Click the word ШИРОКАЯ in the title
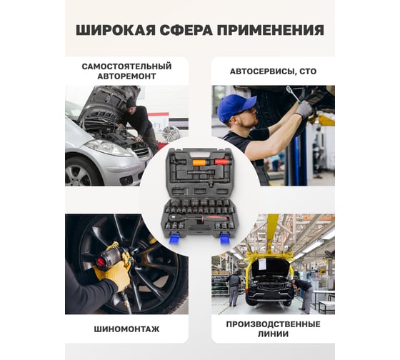tap(116, 31)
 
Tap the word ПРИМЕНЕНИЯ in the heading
tap(271, 31)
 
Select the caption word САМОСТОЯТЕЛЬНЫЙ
tap(126, 66)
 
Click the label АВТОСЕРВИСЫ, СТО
tap(273, 71)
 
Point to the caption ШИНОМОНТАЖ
tap(127, 329)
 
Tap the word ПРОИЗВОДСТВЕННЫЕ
tap(273, 324)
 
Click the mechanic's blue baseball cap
tap(236, 107)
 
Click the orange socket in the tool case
tap(199, 163)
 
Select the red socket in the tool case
tap(221, 161)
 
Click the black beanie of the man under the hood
tap(131, 102)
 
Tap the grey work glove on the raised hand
tap(304, 109)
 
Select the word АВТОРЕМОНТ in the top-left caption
tap(126, 76)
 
